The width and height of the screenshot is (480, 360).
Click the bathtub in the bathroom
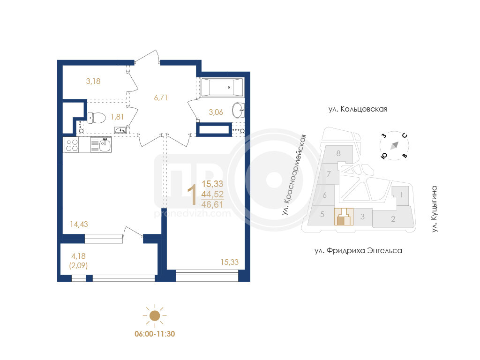222,87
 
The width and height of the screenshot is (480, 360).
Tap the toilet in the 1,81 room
97,118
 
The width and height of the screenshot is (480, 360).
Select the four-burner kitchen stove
71,145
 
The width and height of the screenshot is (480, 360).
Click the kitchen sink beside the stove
101,145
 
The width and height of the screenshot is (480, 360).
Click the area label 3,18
93,81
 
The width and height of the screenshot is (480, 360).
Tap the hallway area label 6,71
161,97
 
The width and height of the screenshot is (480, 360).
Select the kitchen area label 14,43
79,225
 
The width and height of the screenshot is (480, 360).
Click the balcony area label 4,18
78,256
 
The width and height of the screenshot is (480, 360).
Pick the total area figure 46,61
212,204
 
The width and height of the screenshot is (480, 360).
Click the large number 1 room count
192,195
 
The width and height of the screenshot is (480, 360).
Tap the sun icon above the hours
155,315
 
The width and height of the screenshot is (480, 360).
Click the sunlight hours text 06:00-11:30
155,334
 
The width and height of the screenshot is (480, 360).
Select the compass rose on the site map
394,146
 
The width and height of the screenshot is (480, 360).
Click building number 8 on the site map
338,153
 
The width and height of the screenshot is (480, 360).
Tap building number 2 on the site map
393,219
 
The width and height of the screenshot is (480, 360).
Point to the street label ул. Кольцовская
358,109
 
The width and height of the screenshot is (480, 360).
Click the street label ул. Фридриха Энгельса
358,251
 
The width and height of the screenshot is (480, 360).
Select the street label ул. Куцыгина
435,209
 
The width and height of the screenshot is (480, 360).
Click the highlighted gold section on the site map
344,217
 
